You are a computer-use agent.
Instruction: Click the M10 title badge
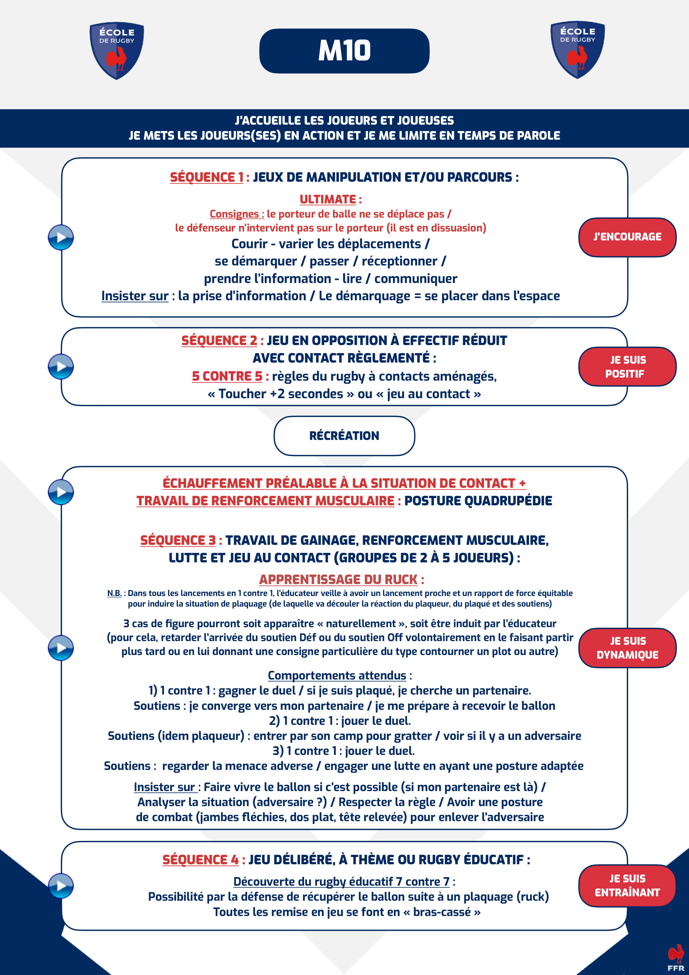coord(344,51)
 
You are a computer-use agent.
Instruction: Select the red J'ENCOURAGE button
coord(627,237)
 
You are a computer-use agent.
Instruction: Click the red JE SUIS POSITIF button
coord(627,366)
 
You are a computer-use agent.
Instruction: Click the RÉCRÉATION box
coord(344,436)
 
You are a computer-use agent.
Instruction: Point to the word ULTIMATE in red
coord(328,200)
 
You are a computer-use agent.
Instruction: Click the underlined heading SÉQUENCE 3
coord(178,540)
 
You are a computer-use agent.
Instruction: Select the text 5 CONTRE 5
coord(227,376)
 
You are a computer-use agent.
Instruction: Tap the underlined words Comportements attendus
coord(337,675)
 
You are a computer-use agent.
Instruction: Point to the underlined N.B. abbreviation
coord(114,593)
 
